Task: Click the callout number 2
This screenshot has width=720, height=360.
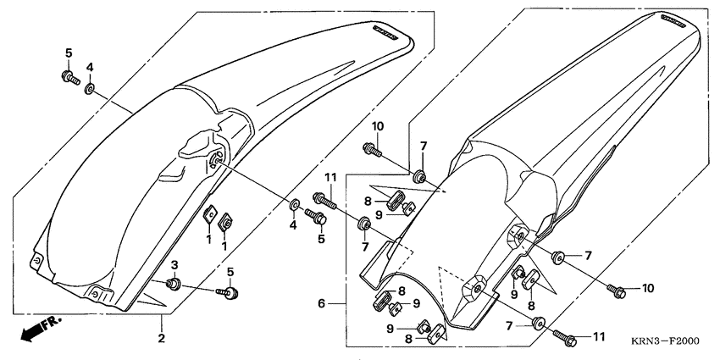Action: point(161,339)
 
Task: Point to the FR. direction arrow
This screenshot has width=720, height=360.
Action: point(35,330)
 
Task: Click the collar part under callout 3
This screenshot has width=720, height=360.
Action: point(174,284)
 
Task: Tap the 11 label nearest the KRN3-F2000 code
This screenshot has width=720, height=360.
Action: point(598,336)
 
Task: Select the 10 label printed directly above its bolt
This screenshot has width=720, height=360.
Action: point(377,126)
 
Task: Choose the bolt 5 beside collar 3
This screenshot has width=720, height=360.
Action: point(229,293)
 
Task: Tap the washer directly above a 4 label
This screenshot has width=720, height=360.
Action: point(293,205)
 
